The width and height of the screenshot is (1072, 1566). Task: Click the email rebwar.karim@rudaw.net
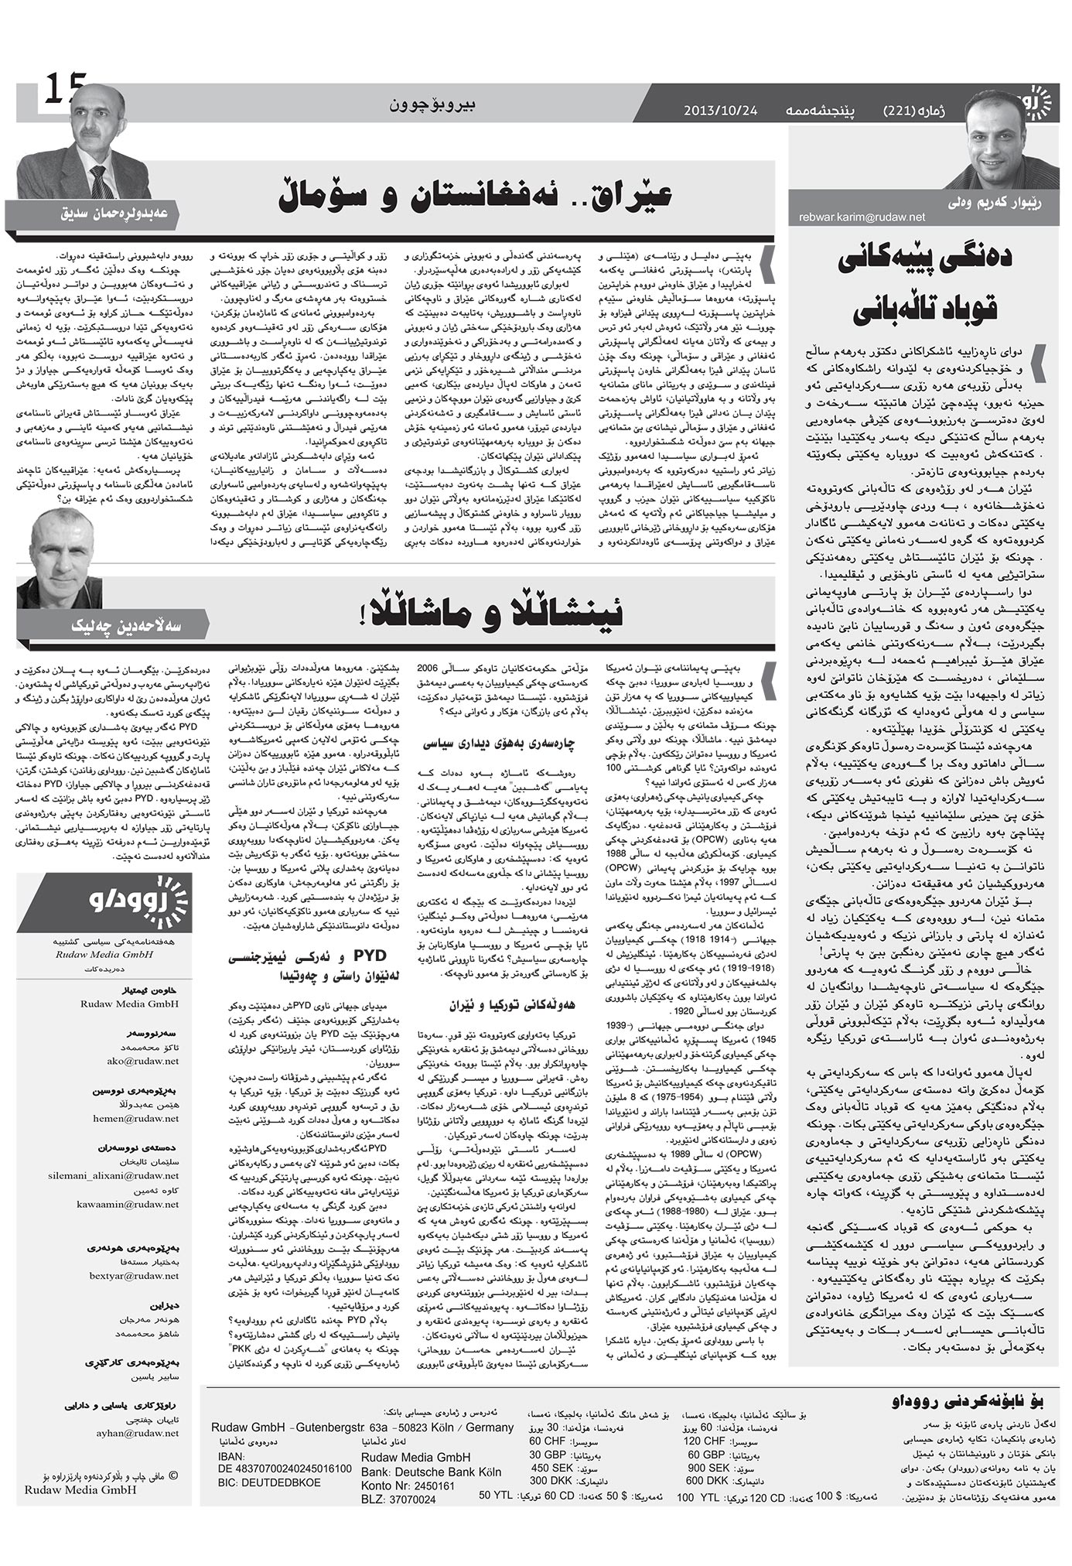coord(862,218)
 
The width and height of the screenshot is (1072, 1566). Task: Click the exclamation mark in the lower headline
coord(361,613)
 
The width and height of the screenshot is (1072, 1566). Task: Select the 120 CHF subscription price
coord(703,1441)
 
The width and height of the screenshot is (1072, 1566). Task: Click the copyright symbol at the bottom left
coord(172,1475)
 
